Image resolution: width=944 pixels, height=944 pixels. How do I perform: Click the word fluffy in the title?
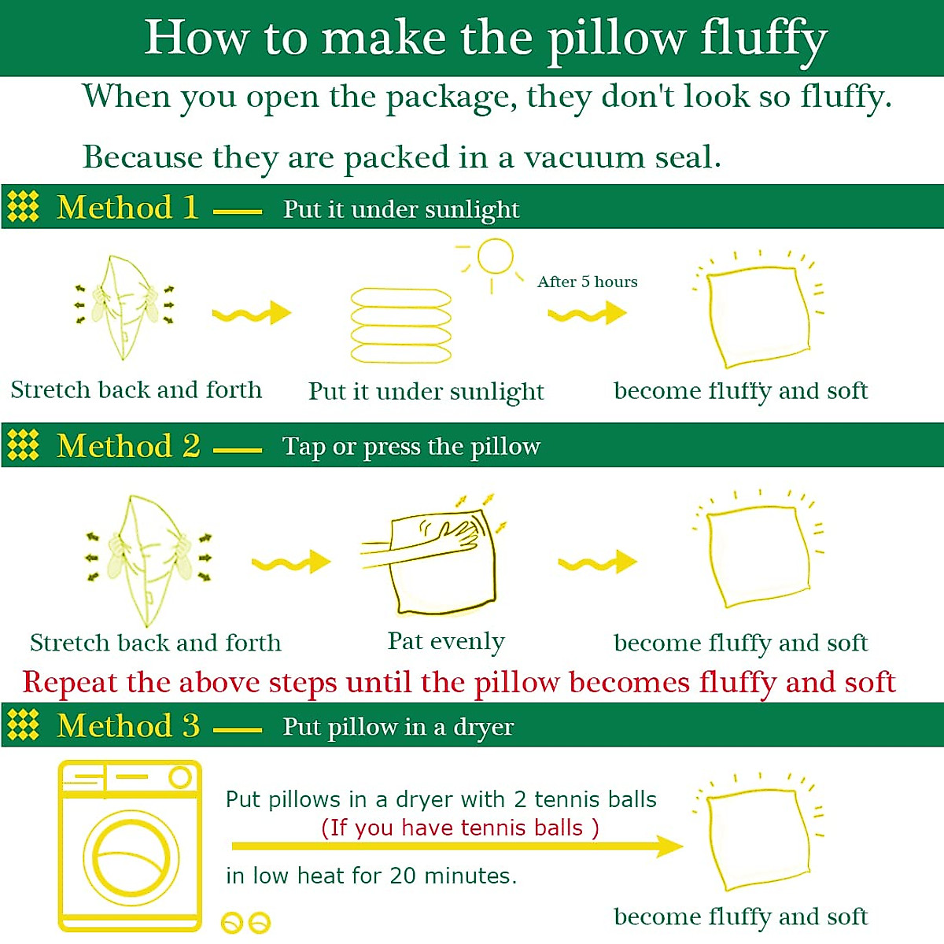[763, 38]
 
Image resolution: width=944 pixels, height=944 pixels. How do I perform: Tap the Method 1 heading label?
[127, 208]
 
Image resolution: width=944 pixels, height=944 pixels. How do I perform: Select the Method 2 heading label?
[128, 446]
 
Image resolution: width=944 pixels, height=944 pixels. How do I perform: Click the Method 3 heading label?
[128, 725]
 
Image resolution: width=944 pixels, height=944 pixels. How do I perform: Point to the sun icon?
[494, 257]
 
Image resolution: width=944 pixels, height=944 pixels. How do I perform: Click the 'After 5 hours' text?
[587, 282]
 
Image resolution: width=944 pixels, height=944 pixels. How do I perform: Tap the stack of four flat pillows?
[401, 326]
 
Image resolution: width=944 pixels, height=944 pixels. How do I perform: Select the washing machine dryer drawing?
[130, 846]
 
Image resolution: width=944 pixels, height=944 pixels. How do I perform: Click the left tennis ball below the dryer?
[232, 922]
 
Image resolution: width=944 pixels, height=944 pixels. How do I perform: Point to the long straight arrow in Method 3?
[456, 846]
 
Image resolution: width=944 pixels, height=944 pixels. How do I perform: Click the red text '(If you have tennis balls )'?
[459, 828]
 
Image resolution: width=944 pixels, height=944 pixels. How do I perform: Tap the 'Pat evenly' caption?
[446, 642]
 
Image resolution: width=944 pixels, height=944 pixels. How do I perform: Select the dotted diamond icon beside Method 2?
[23, 445]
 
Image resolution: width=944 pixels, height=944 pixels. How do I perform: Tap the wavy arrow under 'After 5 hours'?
[587, 314]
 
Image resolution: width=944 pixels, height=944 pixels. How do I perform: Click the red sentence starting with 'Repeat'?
[459, 682]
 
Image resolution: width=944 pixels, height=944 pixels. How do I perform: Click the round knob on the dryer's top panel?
[180, 778]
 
